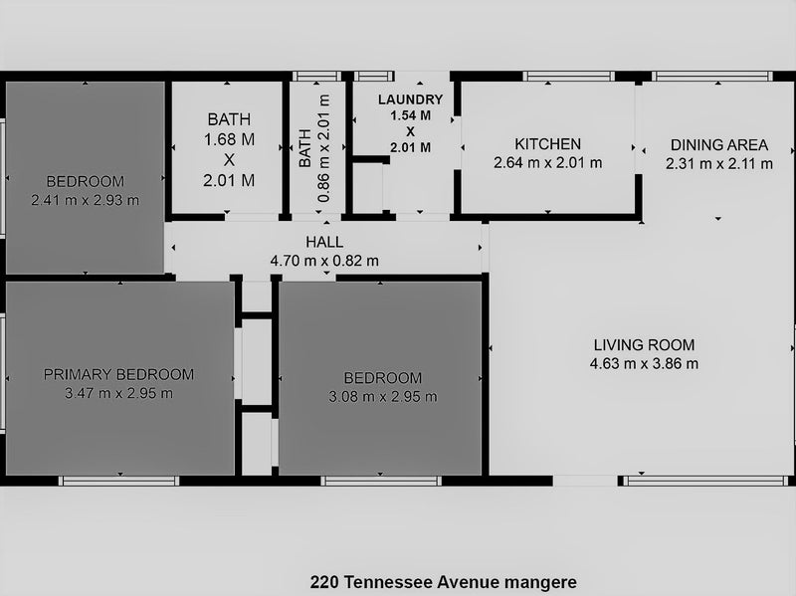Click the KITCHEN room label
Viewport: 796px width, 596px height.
click(548, 144)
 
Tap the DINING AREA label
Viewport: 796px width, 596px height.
click(718, 145)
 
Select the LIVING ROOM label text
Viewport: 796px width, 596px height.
click(644, 345)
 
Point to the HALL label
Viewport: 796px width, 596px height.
click(324, 242)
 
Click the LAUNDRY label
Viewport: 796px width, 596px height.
click(410, 99)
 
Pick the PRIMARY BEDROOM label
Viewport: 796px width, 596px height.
click(118, 375)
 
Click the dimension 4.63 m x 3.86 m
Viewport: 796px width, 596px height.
click(644, 364)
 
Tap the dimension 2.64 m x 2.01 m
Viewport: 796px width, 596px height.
click(548, 163)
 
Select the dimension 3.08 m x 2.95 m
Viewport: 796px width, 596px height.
click(383, 396)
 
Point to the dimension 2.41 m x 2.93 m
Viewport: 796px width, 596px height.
click(86, 200)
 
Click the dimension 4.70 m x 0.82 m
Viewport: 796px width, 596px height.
click(324, 261)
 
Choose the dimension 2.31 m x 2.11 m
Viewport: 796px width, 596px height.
click(718, 164)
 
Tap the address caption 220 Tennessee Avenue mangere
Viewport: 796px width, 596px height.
click(443, 582)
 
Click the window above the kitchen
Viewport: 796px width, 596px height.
click(568, 77)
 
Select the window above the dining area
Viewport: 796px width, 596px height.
click(712, 77)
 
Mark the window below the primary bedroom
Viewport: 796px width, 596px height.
click(118, 481)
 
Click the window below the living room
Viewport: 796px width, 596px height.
click(705, 481)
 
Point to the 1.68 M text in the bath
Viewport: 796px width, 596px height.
click(229, 139)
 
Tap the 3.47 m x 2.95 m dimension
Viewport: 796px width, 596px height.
click(118, 393)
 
